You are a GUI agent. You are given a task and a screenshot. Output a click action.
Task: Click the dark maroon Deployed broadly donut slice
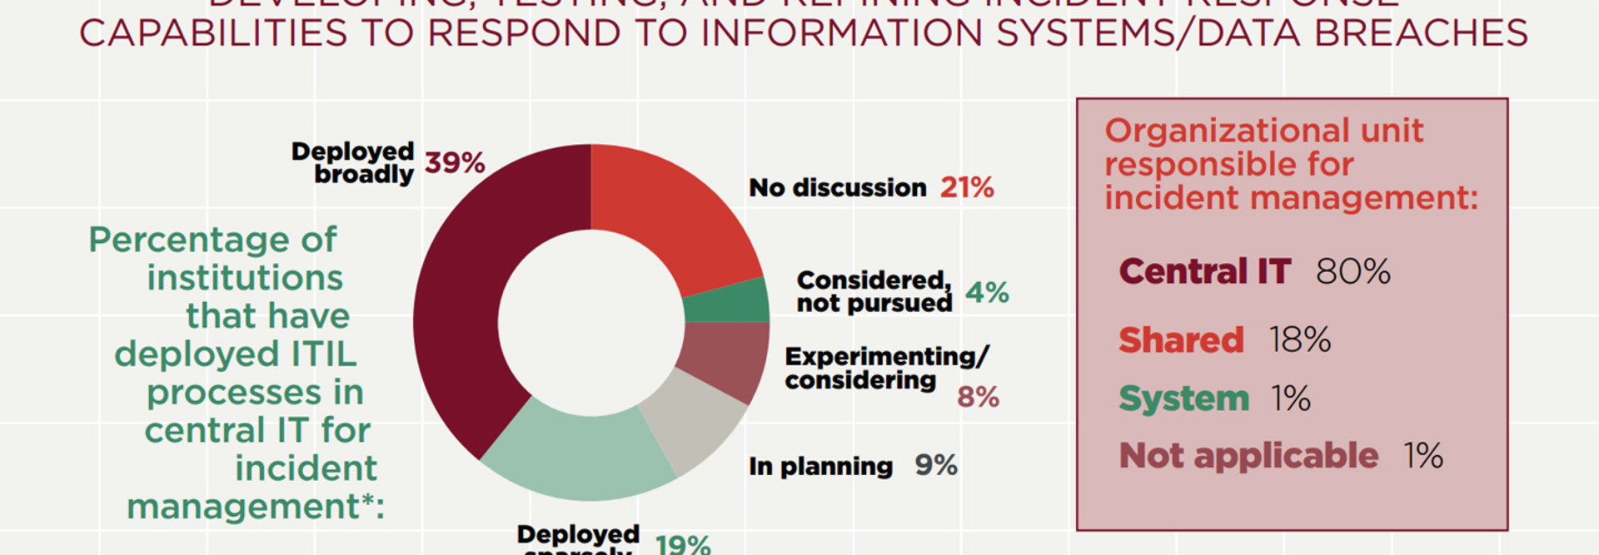tap(466, 308)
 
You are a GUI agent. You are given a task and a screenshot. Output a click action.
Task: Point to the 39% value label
tap(455, 162)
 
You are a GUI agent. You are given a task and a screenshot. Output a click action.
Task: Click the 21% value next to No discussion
tap(967, 188)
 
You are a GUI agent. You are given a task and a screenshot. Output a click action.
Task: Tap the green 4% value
tap(987, 293)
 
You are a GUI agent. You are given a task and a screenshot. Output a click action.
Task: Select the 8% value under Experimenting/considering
tap(978, 397)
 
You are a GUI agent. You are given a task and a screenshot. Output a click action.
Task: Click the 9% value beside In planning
tap(936, 465)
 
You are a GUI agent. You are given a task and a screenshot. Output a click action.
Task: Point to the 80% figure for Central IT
tap(1352, 272)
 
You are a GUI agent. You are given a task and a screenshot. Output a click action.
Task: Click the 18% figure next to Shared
tap(1299, 340)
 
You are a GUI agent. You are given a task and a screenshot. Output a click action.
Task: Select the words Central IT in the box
tap(1204, 272)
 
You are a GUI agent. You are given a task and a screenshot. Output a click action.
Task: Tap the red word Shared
tap(1181, 340)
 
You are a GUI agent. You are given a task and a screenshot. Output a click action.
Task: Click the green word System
tap(1183, 399)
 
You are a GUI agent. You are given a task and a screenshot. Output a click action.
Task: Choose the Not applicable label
tap(1248, 456)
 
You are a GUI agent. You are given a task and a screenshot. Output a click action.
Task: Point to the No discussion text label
tap(837, 188)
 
